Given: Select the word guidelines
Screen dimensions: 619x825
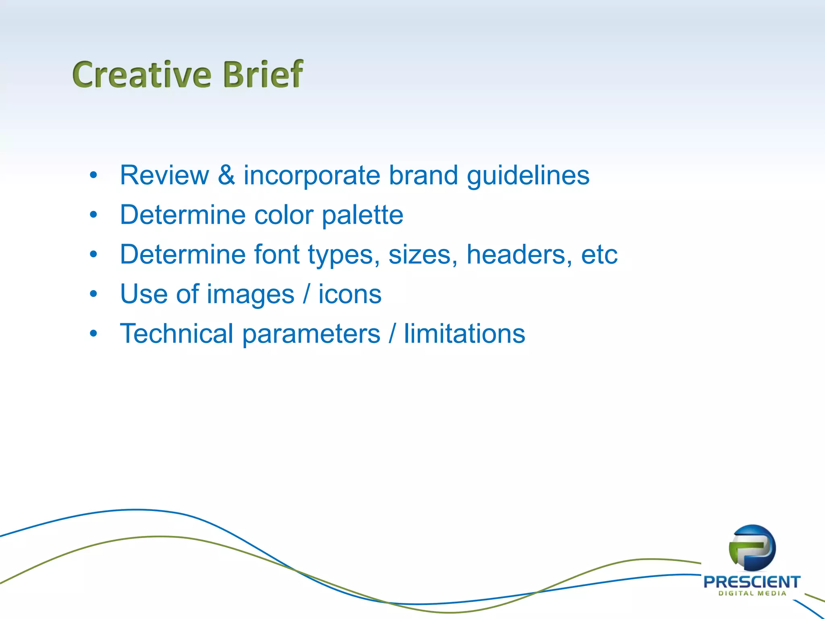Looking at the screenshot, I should click(528, 176).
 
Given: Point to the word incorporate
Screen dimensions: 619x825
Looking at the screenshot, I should click(312, 176).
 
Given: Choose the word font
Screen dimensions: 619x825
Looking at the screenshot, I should click(277, 254).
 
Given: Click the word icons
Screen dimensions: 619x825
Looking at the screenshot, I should click(350, 294).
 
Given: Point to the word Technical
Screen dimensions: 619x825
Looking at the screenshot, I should click(176, 334).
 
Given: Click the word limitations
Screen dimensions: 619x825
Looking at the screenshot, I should click(464, 334).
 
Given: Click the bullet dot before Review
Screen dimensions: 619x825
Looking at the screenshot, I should click(93, 175).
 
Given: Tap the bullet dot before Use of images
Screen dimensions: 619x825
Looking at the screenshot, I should click(93, 294).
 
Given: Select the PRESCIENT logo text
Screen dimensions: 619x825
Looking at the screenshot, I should click(752, 582).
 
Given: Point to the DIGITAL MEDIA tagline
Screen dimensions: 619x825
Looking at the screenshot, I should click(752, 593).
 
